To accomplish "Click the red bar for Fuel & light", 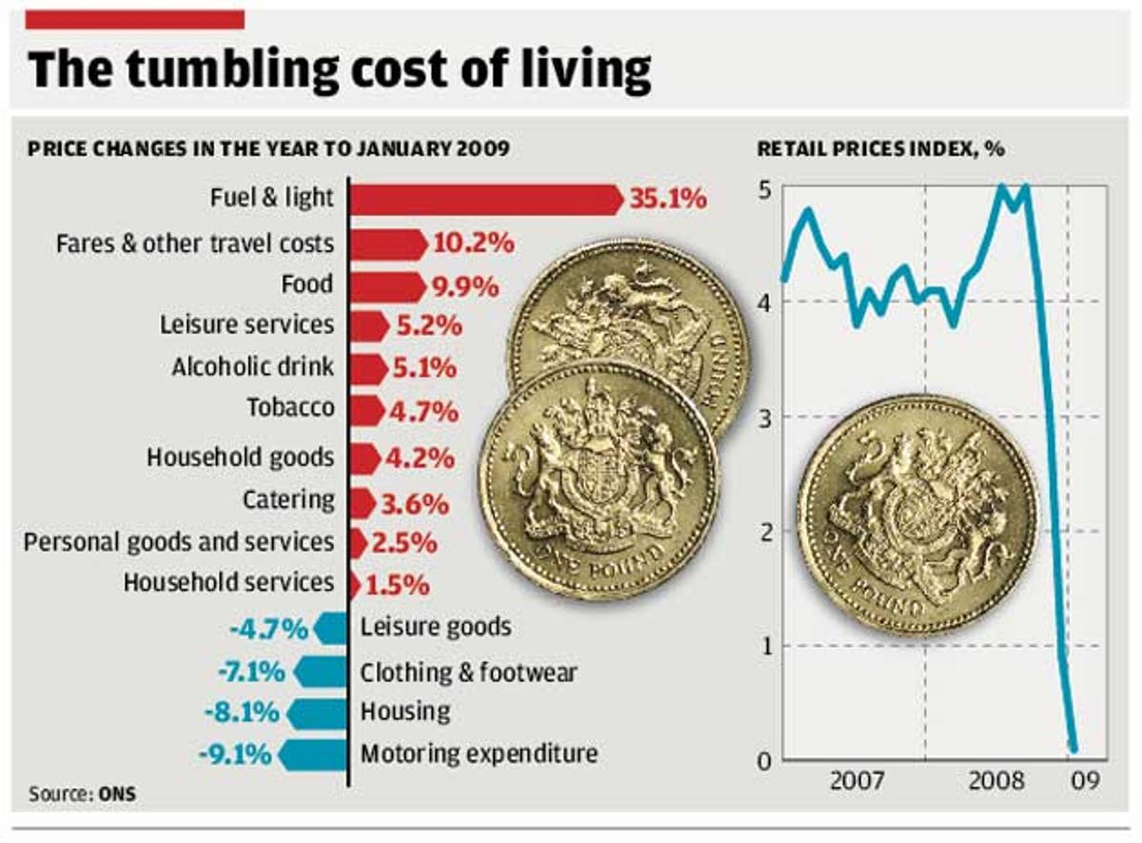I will pos(485,199).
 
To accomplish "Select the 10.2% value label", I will pos(473,243).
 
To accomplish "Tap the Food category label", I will pos(306,284).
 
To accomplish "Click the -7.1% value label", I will pos(250,672).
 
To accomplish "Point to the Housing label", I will pos(404,712).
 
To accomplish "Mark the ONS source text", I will pos(117,794).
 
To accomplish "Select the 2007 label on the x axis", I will pos(856,782).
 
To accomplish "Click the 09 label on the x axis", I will pos(1085,782).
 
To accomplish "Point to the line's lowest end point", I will pos(1073,748).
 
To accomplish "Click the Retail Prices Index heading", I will pos(880,149).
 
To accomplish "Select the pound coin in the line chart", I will pos(916,515).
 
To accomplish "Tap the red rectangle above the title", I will pos(136,19).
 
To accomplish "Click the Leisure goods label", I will pos(435,627).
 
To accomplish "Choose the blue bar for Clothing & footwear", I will pos(320,672).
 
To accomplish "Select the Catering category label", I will pos(288,500).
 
